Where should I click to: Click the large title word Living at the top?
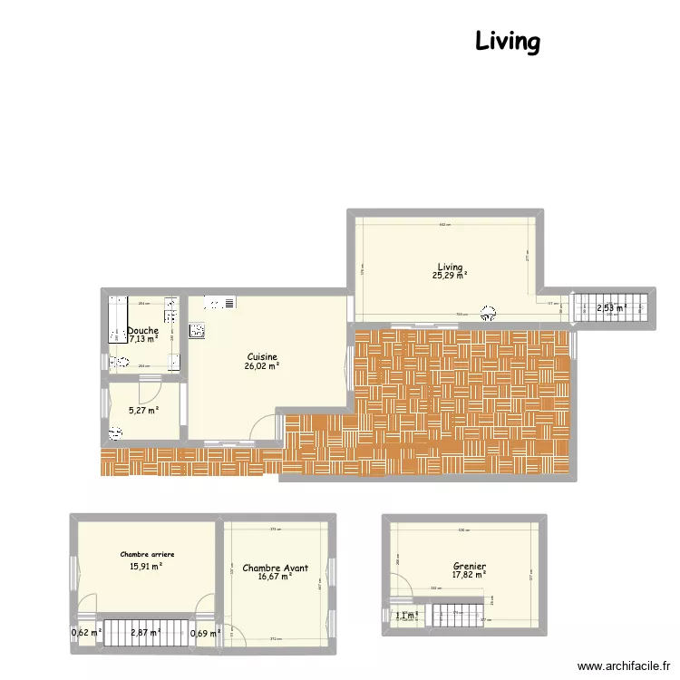[508, 42]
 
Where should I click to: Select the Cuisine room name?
[261, 357]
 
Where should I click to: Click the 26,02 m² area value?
[261, 366]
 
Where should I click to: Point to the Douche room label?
[143, 331]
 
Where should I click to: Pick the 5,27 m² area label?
[143, 410]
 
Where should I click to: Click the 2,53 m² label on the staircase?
[611, 308]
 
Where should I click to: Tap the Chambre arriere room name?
[147, 554]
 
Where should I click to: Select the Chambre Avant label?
[275, 568]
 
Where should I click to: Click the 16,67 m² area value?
[275, 577]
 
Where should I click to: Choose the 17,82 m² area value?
[470, 573]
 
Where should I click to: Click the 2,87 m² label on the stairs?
[145, 633]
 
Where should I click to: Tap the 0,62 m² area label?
[86, 633]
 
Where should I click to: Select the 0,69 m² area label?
[205, 633]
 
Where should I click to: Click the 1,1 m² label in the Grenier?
[405, 616]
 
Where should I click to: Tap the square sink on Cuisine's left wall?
[196, 330]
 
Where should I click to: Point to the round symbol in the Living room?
[488, 312]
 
